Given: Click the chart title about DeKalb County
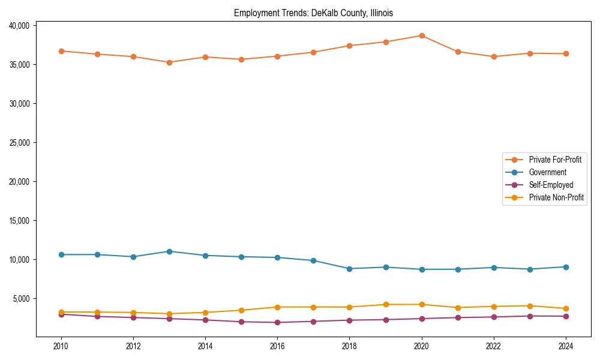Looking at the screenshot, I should pos(313,13).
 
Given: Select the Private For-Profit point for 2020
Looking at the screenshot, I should pos(422,35).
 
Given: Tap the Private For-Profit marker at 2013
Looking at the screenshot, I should pos(169,62).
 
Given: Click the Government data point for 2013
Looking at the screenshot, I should pos(169,251).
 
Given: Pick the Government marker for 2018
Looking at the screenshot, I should pos(350,269).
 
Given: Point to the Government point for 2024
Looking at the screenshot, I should pos(566,267).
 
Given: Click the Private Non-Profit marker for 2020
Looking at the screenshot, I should pos(422,304).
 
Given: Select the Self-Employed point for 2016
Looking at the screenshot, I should pos(277,322).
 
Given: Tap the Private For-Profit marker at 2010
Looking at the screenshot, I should pos(61,51).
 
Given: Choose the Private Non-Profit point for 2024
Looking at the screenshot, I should pos(566,308).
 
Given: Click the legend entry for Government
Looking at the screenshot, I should pos(547,172).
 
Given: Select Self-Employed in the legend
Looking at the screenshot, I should pos(551,185).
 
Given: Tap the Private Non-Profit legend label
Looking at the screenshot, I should pos(556,197).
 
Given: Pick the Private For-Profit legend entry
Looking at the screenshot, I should pos(555,160).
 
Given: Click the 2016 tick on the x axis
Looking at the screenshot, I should pos(277,346).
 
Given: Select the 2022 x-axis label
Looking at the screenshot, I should pos(494,346).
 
